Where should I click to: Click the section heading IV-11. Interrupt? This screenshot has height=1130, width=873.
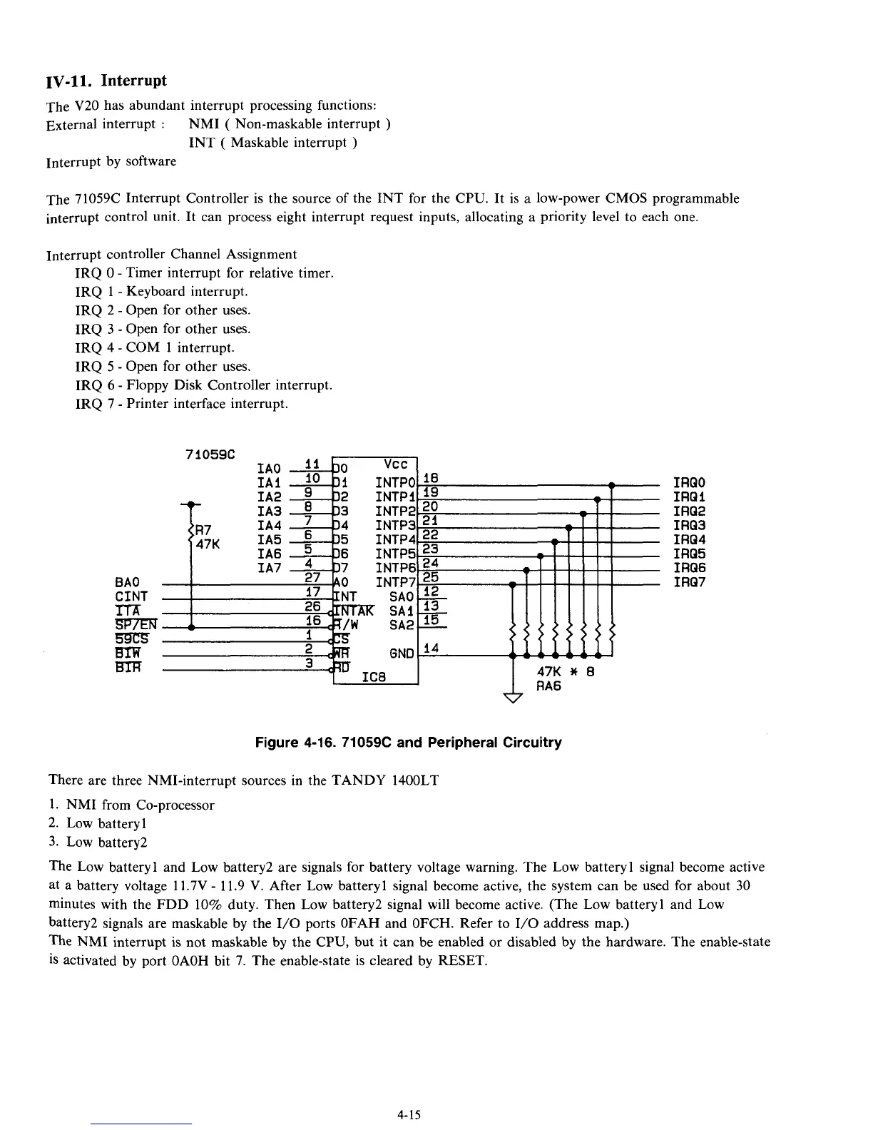point(106,80)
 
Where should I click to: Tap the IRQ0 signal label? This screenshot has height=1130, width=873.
point(689,483)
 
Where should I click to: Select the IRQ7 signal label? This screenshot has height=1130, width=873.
point(689,582)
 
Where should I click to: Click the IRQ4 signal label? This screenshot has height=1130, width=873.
point(689,539)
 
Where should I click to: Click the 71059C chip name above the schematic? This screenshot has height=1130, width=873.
point(210,454)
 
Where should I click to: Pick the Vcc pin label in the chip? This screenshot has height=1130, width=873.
point(395,462)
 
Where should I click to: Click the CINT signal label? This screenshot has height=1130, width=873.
point(131,596)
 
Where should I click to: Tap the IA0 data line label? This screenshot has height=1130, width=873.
point(268,469)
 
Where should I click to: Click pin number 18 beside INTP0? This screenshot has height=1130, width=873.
point(430,478)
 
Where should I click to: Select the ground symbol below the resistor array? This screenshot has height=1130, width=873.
point(513,698)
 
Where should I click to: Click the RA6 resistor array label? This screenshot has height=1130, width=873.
point(549,686)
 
